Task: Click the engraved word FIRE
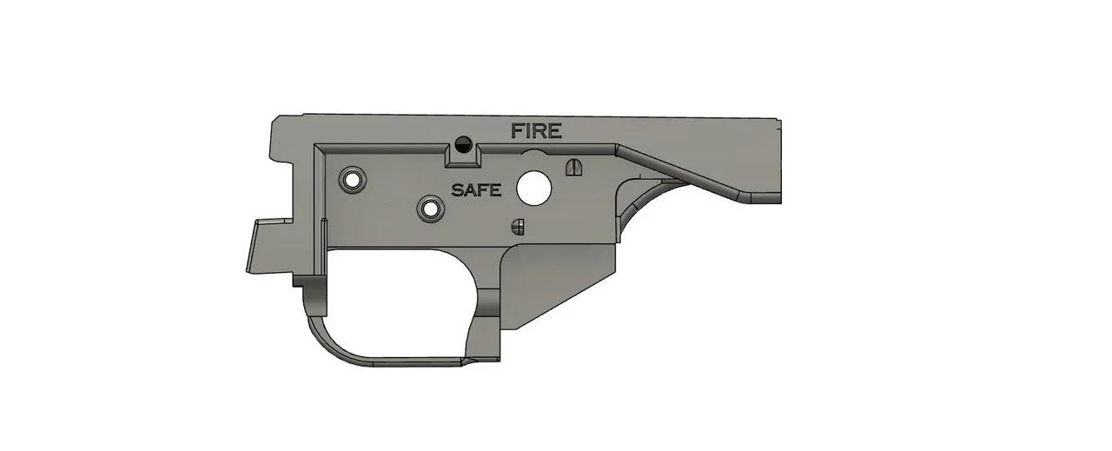coord(536,131)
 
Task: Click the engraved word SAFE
coord(476,189)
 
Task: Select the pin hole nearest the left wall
coord(353,179)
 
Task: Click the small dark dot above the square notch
coord(462,143)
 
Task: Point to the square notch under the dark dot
coord(462,156)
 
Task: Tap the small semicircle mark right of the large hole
coord(573,166)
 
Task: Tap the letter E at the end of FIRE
coord(554,131)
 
